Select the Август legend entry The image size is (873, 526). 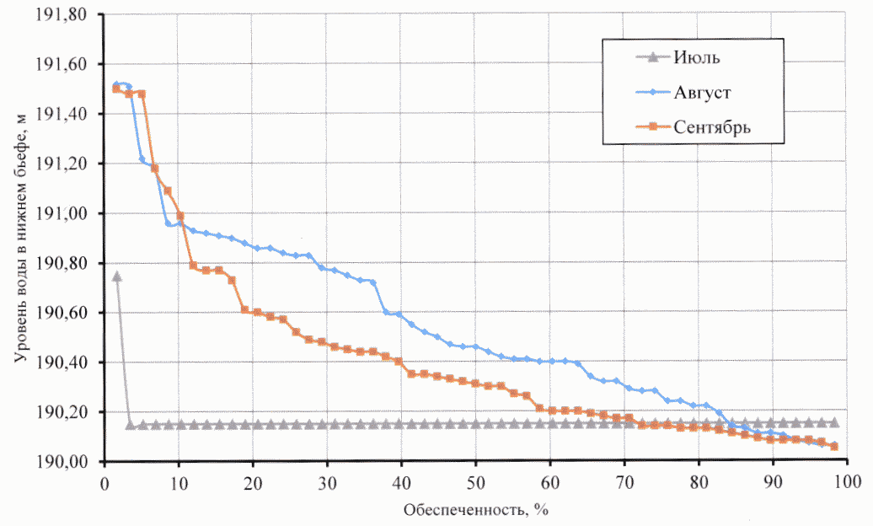tap(702, 92)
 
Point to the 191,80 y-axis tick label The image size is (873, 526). tap(68, 14)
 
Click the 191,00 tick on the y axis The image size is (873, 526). tap(68, 213)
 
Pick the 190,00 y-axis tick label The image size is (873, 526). tap(68, 462)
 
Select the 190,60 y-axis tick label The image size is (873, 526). tap(68, 313)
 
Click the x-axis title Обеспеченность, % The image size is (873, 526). tap(476, 509)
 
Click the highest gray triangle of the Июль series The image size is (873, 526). tap(117, 276)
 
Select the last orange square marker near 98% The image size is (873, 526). tap(834, 446)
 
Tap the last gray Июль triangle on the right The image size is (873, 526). tap(834, 422)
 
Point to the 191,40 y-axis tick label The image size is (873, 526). tap(68, 114)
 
